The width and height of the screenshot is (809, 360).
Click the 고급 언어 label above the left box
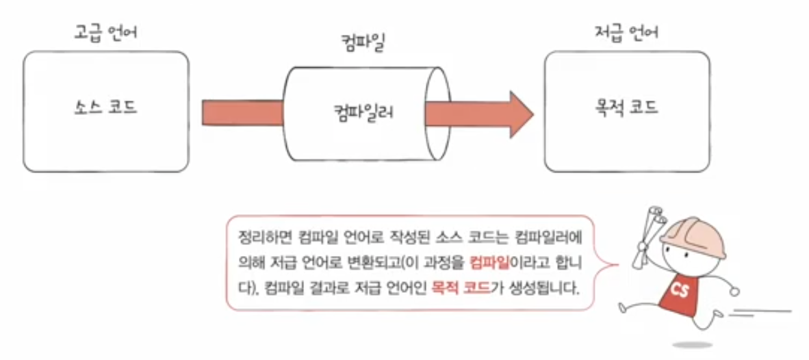point(105,32)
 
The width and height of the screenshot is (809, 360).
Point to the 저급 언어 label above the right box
point(627,32)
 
